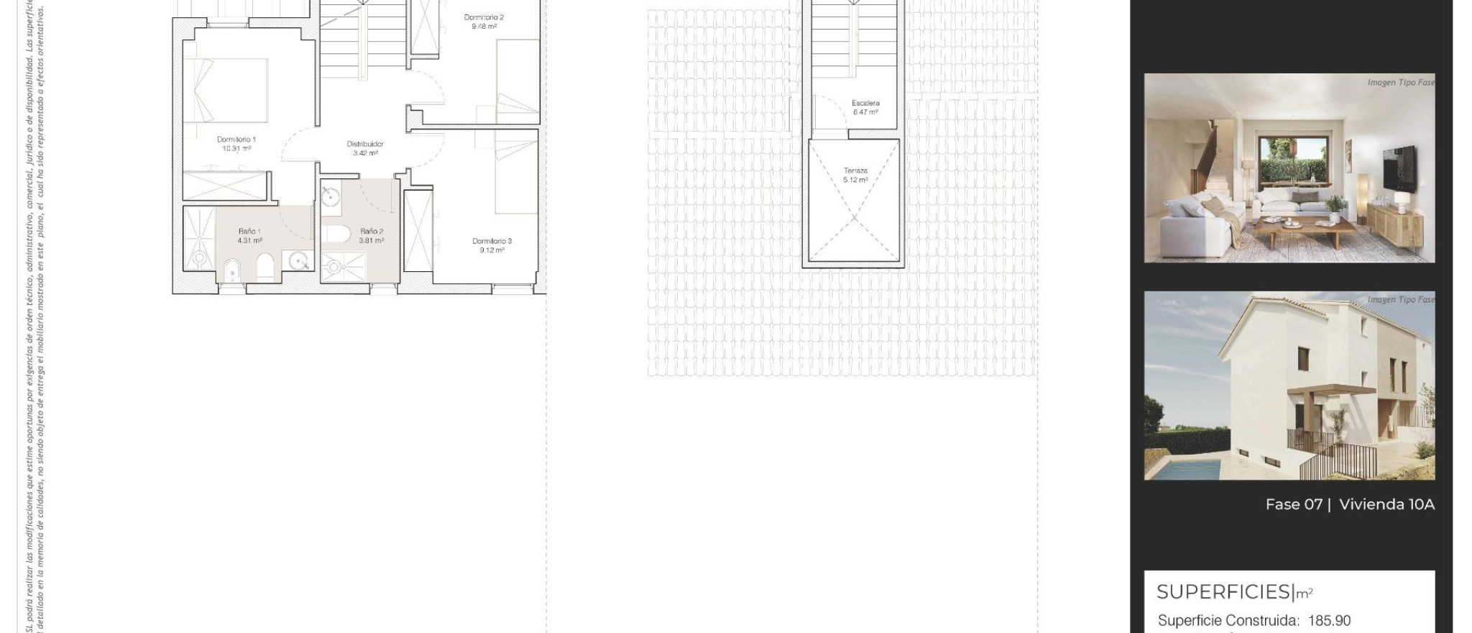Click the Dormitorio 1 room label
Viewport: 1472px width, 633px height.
[x=236, y=140]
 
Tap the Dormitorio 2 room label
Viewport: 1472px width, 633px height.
[x=484, y=17]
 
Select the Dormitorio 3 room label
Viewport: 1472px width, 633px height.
[x=492, y=241]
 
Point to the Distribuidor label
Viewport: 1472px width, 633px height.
[x=365, y=144]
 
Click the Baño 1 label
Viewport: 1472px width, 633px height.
[x=249, y=231]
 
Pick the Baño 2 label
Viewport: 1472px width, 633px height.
[x=372, y=231]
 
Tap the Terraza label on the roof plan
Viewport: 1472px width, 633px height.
[x=855, y=170]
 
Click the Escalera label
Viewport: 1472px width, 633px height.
[x=865, y=103]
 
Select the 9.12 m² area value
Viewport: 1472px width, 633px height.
[x=492, y=250]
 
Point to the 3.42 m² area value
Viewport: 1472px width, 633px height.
[x=365, y=153]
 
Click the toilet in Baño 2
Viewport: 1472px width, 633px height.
[x=336, y=234]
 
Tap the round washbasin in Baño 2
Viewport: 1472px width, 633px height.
[x=331, y=196]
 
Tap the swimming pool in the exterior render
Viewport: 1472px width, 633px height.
[x=1182, y=470]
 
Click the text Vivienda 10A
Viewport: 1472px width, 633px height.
[x=1386, y=504]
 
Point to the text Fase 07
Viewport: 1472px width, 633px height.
[x=1294, y=504]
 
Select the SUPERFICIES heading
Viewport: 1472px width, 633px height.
[x=1224, y=592]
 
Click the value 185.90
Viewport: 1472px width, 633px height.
[x=1329, y=620]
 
